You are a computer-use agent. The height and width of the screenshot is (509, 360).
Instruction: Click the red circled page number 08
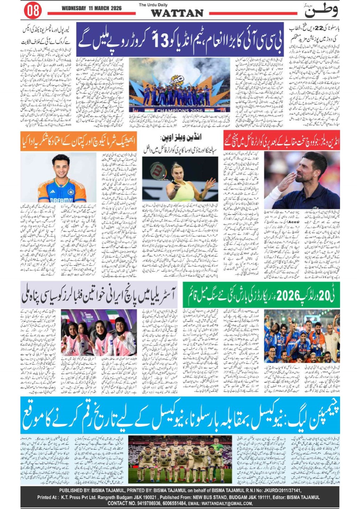(x=33, y=10)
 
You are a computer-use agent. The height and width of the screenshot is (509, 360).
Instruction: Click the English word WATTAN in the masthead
(x=177, y=13)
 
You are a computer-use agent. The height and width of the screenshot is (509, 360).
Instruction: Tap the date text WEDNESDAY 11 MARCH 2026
(x=91, y=8)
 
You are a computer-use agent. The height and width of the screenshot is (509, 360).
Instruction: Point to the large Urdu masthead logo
(x=321, y=10)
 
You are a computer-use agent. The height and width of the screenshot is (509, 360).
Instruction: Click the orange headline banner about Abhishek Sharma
(x=79, y=141)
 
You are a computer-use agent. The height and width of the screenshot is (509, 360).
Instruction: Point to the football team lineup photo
(x=180, y=459)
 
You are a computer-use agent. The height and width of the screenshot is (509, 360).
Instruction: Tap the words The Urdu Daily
(x=153, y=5)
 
